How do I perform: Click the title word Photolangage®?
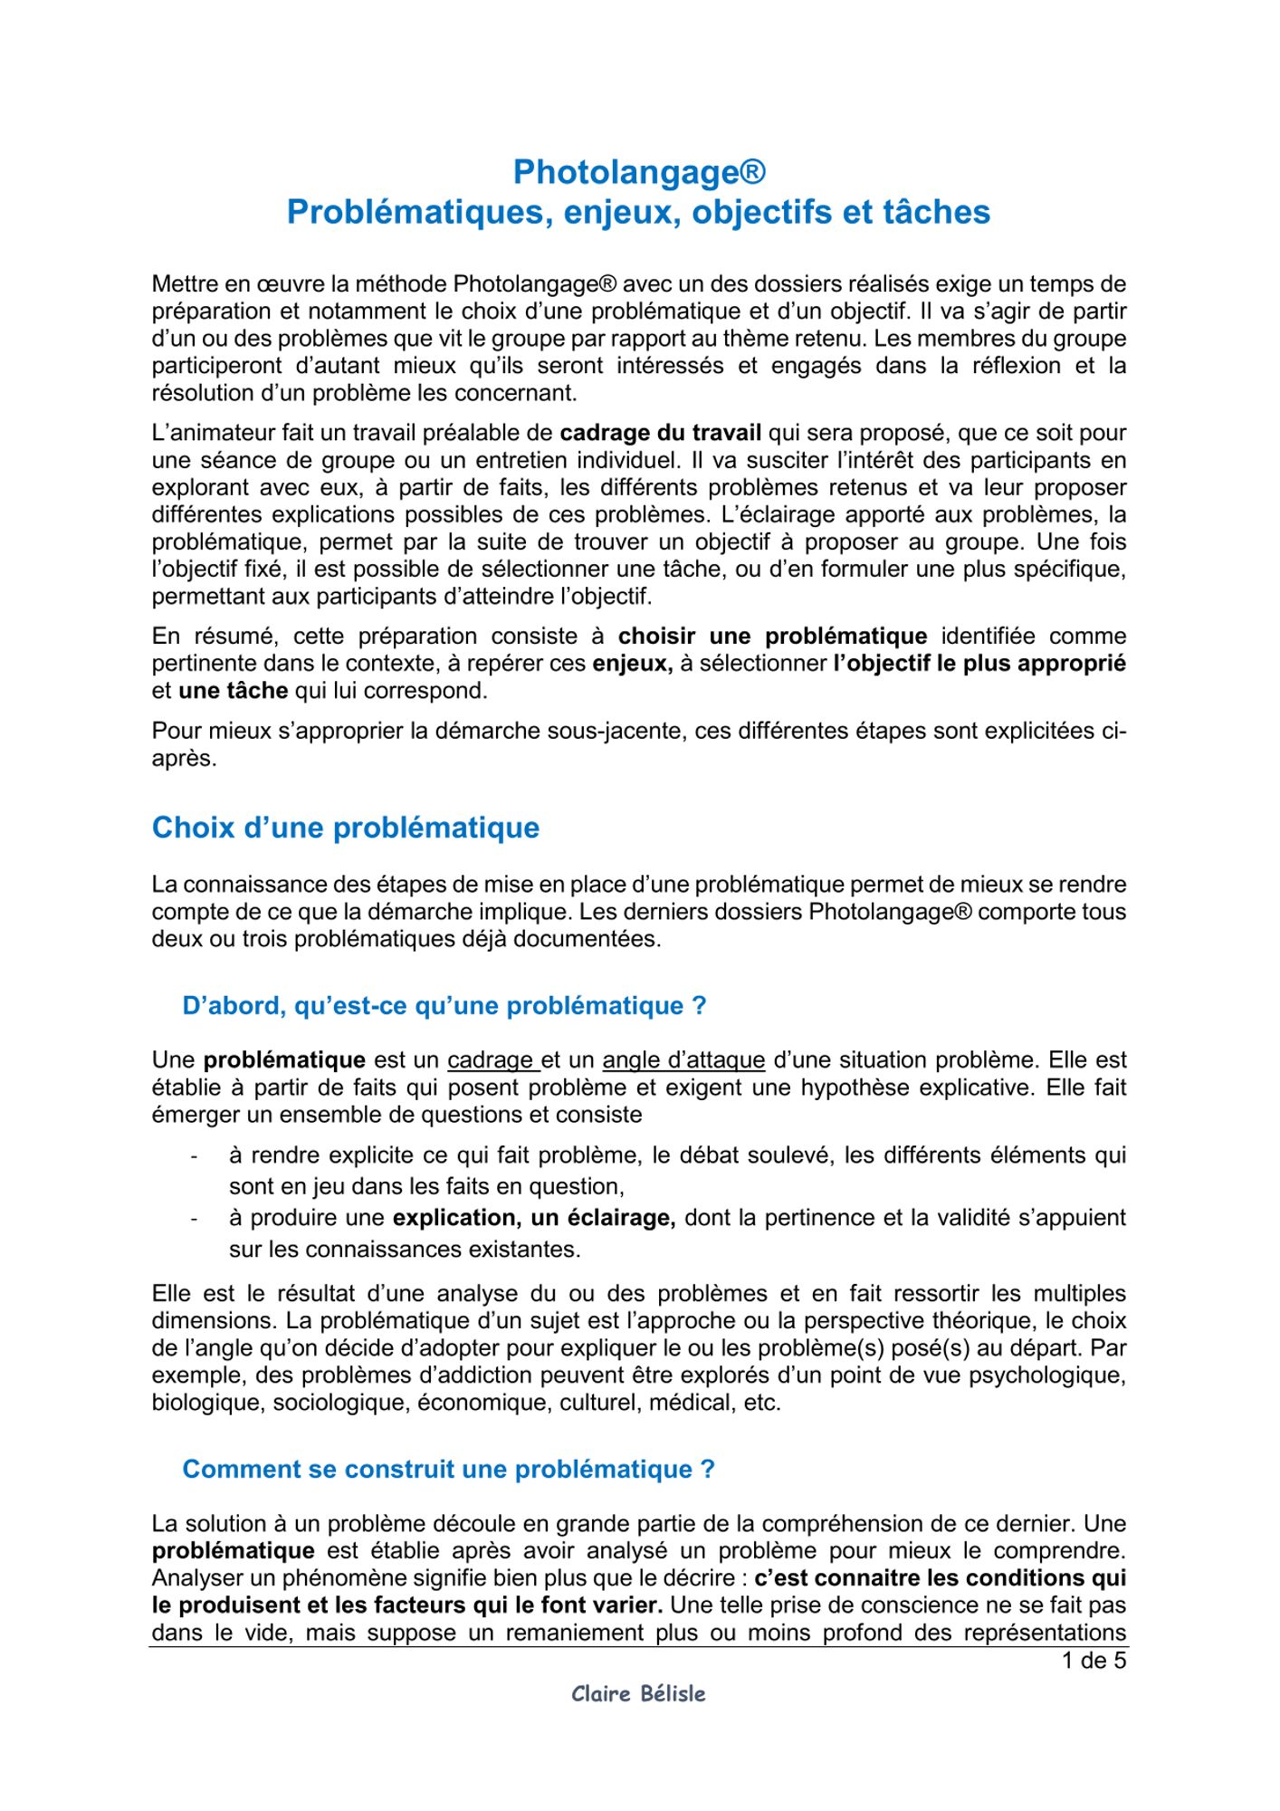(x=639, y=171)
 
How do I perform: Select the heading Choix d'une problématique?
(x=345, y=828)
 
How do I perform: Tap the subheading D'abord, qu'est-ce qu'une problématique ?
(x=444, y=1006)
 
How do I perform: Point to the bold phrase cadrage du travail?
(x=660, y=433)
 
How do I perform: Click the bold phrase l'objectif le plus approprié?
(x=979, y=663)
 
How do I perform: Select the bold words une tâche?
(x=233, y=690)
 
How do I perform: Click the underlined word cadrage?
(x=491, y=1059)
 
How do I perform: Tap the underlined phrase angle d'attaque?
(x=683, y=1059)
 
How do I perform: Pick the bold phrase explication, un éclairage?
(x=534, y=1218)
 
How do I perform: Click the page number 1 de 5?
(x=1094, y=1661)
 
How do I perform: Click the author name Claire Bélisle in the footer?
(x=638, y=1693)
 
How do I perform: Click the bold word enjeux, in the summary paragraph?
(x=632, y=663)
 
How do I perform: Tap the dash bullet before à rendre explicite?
(x=193, y=1156)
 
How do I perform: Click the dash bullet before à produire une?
(x=193, y=1219)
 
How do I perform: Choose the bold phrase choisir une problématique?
(x=772, y=636)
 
